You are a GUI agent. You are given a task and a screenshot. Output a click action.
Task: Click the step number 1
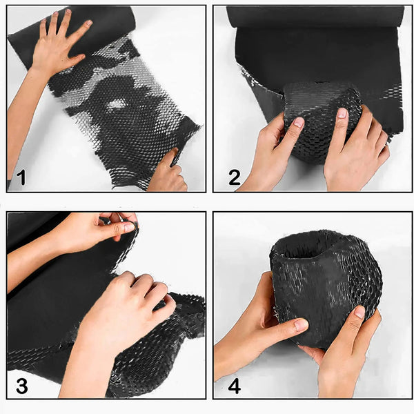tap(21, 177)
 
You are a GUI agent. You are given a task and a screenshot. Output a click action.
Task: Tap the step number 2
tap(234, 177)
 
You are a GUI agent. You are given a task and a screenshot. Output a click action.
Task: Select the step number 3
tap(21, 386)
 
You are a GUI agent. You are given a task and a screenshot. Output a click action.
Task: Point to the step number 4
tap(234, 386)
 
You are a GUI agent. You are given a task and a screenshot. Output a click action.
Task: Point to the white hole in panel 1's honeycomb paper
tap(116, 104)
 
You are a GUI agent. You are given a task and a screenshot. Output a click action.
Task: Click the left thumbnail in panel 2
tap(299, 123)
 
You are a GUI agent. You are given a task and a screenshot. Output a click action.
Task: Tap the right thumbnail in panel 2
tap(342, 113)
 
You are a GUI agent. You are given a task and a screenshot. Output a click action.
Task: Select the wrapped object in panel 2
tap(322, 121)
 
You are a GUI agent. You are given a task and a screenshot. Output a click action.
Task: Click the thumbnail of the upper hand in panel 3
tap(129, 227)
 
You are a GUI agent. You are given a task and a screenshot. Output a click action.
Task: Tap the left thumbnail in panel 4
tap(300, 325)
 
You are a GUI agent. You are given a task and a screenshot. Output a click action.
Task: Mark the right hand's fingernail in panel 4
tap(359, 312)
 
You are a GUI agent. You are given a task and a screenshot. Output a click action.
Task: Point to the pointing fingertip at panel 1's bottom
tap(175, 152)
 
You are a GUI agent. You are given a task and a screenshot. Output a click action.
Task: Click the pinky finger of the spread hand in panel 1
tap(43, 27)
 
